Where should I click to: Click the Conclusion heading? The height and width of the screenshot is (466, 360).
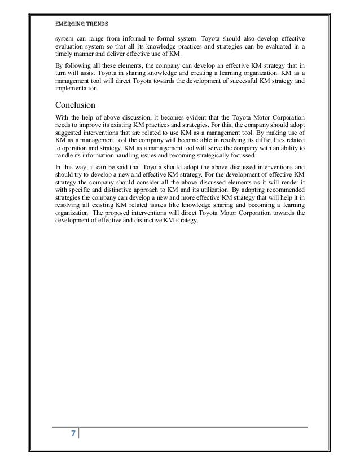pos(76,104)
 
